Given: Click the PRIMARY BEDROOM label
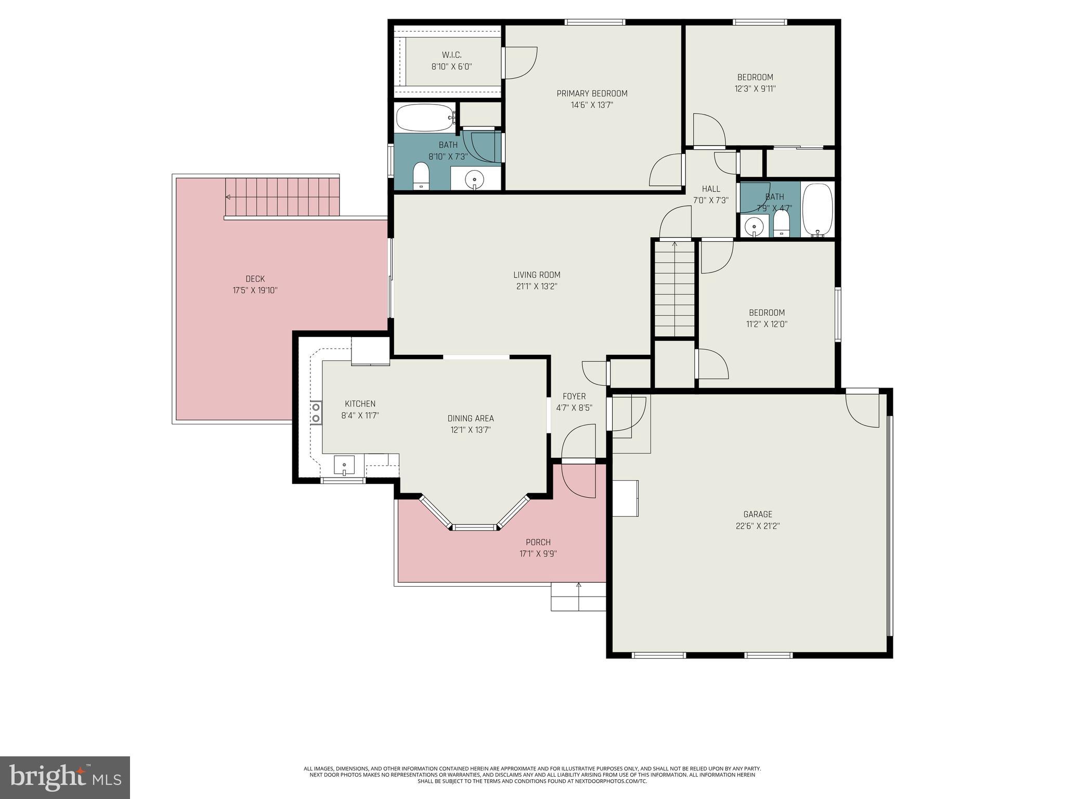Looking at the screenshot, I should pos(592,94).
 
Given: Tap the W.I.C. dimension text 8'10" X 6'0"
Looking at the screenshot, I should pos(451,67).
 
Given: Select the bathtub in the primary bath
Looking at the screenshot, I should pos(425,118).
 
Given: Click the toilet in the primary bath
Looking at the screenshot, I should pos(421,176).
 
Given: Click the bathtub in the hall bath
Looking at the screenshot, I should pos(817,210).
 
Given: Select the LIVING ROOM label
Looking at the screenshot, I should pos(537,275).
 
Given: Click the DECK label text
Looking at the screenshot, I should pos(255,279).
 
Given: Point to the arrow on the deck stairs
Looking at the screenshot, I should pos(228,197).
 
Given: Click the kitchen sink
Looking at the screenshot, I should pos(344,465).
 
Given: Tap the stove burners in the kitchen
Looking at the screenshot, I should pos(316,413).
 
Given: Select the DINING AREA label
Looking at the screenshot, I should pos(471,418).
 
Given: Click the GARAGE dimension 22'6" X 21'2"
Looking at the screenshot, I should pos(757,526).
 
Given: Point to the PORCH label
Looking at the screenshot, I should pos(538,542).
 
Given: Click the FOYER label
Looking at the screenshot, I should pos(574,396).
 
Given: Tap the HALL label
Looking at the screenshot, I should pos(711,189).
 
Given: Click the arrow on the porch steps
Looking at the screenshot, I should pos(579,586).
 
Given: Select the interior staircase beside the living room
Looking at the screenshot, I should pos(674,289).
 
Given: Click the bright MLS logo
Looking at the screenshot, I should pos(64,777).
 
